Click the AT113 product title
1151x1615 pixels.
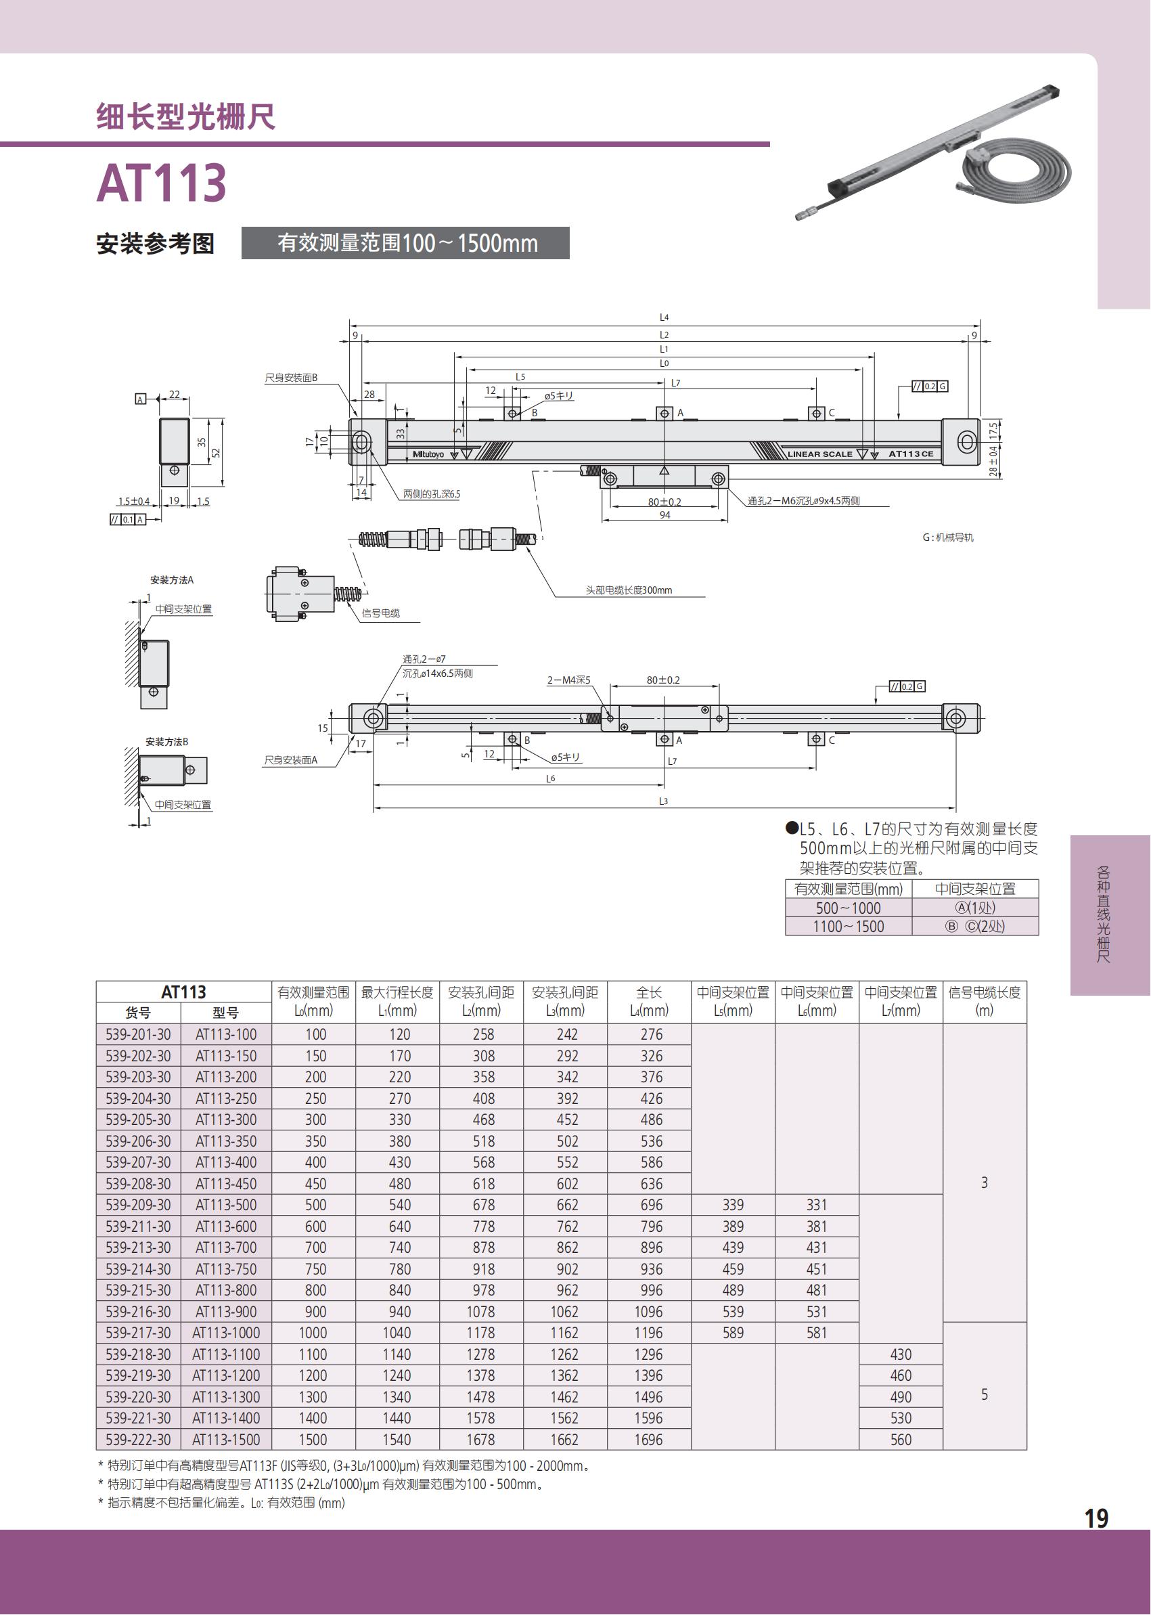(162, 183)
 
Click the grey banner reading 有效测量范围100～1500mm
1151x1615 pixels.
(405, 243)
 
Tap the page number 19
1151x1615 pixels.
(1096, 1518)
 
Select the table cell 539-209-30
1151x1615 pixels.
(138, 1205)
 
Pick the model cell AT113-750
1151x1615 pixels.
(226, 1268)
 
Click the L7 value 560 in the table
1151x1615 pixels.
(901, 1439)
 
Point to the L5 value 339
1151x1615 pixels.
(733, 1205)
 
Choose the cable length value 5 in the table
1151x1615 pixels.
(985, 1394)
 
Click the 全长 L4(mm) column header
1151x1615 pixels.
(649, 1001)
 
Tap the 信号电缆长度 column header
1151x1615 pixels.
(985, 1001)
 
